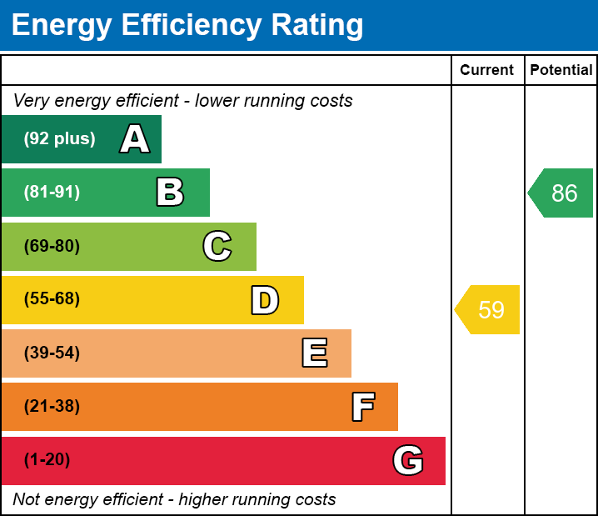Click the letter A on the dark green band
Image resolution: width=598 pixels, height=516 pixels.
click(135, 139)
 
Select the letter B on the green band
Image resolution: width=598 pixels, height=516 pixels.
click(170, 193)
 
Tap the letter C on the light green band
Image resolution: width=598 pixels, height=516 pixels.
click(217, 246)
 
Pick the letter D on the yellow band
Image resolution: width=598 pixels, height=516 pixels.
click(265, 300)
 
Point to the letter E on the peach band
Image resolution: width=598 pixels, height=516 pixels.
click(314, 353)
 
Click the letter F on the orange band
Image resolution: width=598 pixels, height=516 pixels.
click(362, 407)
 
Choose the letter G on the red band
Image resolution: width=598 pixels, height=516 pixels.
click(408, 460)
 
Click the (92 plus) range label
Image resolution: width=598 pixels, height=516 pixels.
click(59, 139)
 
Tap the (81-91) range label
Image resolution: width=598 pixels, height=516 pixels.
click(52, 193)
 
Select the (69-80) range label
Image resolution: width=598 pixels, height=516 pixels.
click(52, 246)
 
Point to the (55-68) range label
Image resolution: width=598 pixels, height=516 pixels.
click(52, 299)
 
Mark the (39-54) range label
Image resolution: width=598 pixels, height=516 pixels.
click(52, 353)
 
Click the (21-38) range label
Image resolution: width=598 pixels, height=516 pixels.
click(52, 407)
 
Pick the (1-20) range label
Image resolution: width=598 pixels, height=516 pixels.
click(47, 460)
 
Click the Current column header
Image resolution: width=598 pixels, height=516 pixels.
click(487, 71)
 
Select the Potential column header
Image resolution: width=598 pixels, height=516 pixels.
click(561, 71)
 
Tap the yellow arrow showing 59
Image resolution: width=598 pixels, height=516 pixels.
click(489, 310)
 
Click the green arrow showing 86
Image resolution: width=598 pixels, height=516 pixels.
click(562, 193)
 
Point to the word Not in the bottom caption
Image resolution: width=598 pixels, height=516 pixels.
click(26, 500)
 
